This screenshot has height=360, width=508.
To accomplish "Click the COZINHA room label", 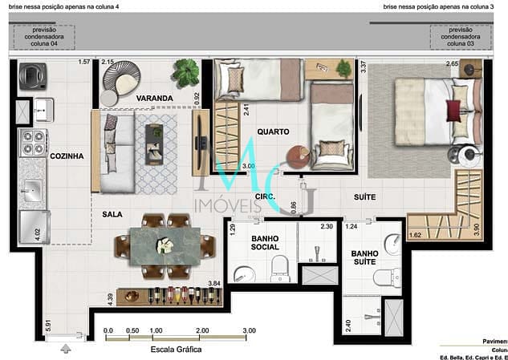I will click(67, 157).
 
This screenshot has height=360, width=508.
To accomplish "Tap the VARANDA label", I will click(155, 99).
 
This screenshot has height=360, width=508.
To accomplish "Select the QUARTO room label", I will click(273, 131).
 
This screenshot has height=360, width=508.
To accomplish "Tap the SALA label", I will click(112, 215).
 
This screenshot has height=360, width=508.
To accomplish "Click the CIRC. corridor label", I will click(266, 196).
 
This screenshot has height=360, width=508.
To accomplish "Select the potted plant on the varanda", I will click(186, 74).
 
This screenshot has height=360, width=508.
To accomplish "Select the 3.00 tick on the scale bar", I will click(250, 330).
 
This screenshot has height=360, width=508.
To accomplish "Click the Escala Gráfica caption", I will click(177, 350).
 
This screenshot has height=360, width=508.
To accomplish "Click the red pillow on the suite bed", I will click(459, 110).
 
